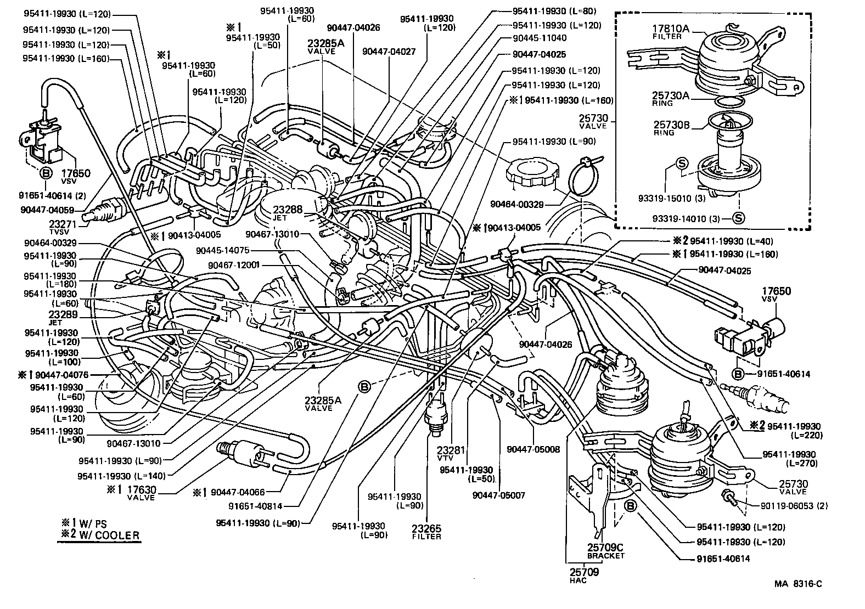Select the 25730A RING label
click(671, 99)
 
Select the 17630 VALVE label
click(141, 492)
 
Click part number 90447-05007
click(498, 495)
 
